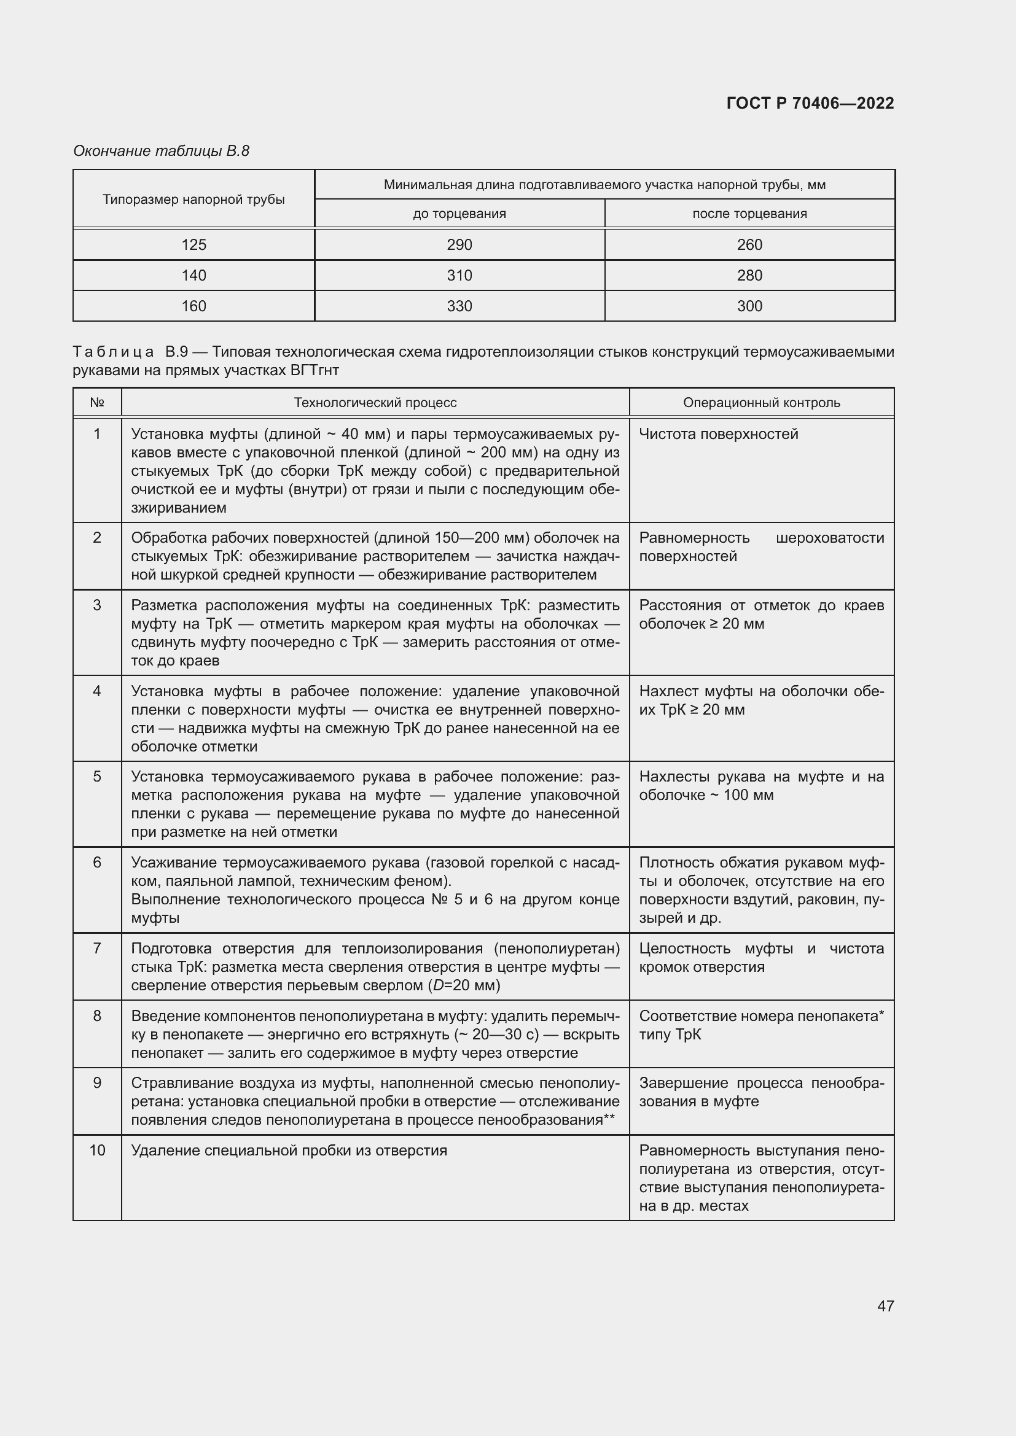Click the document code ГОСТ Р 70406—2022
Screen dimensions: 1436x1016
(810, 103)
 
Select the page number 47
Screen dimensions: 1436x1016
(885, 1306)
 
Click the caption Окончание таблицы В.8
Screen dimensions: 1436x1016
(161, 151)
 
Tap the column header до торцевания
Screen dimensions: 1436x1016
(459, 214)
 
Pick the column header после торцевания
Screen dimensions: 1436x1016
(749, 214)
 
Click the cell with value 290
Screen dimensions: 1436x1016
(459, 244)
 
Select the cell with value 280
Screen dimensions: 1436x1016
(749, 275)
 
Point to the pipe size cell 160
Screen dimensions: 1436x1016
(193, 306)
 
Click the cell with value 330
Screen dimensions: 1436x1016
(459, 306)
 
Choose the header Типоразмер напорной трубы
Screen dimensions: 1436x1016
(193, 200)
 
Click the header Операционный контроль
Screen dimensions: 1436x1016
(761, 403)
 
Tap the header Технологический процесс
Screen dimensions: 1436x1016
(375, 403)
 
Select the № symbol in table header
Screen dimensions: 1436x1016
(97, 403)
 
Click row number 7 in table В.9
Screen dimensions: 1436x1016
(97, 948)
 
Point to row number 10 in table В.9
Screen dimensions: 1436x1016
(97, 1150)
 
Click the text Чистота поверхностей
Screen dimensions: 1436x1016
(718, 434)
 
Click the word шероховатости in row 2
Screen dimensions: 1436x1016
(829, 538)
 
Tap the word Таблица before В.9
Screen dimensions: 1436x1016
(113, 352)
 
